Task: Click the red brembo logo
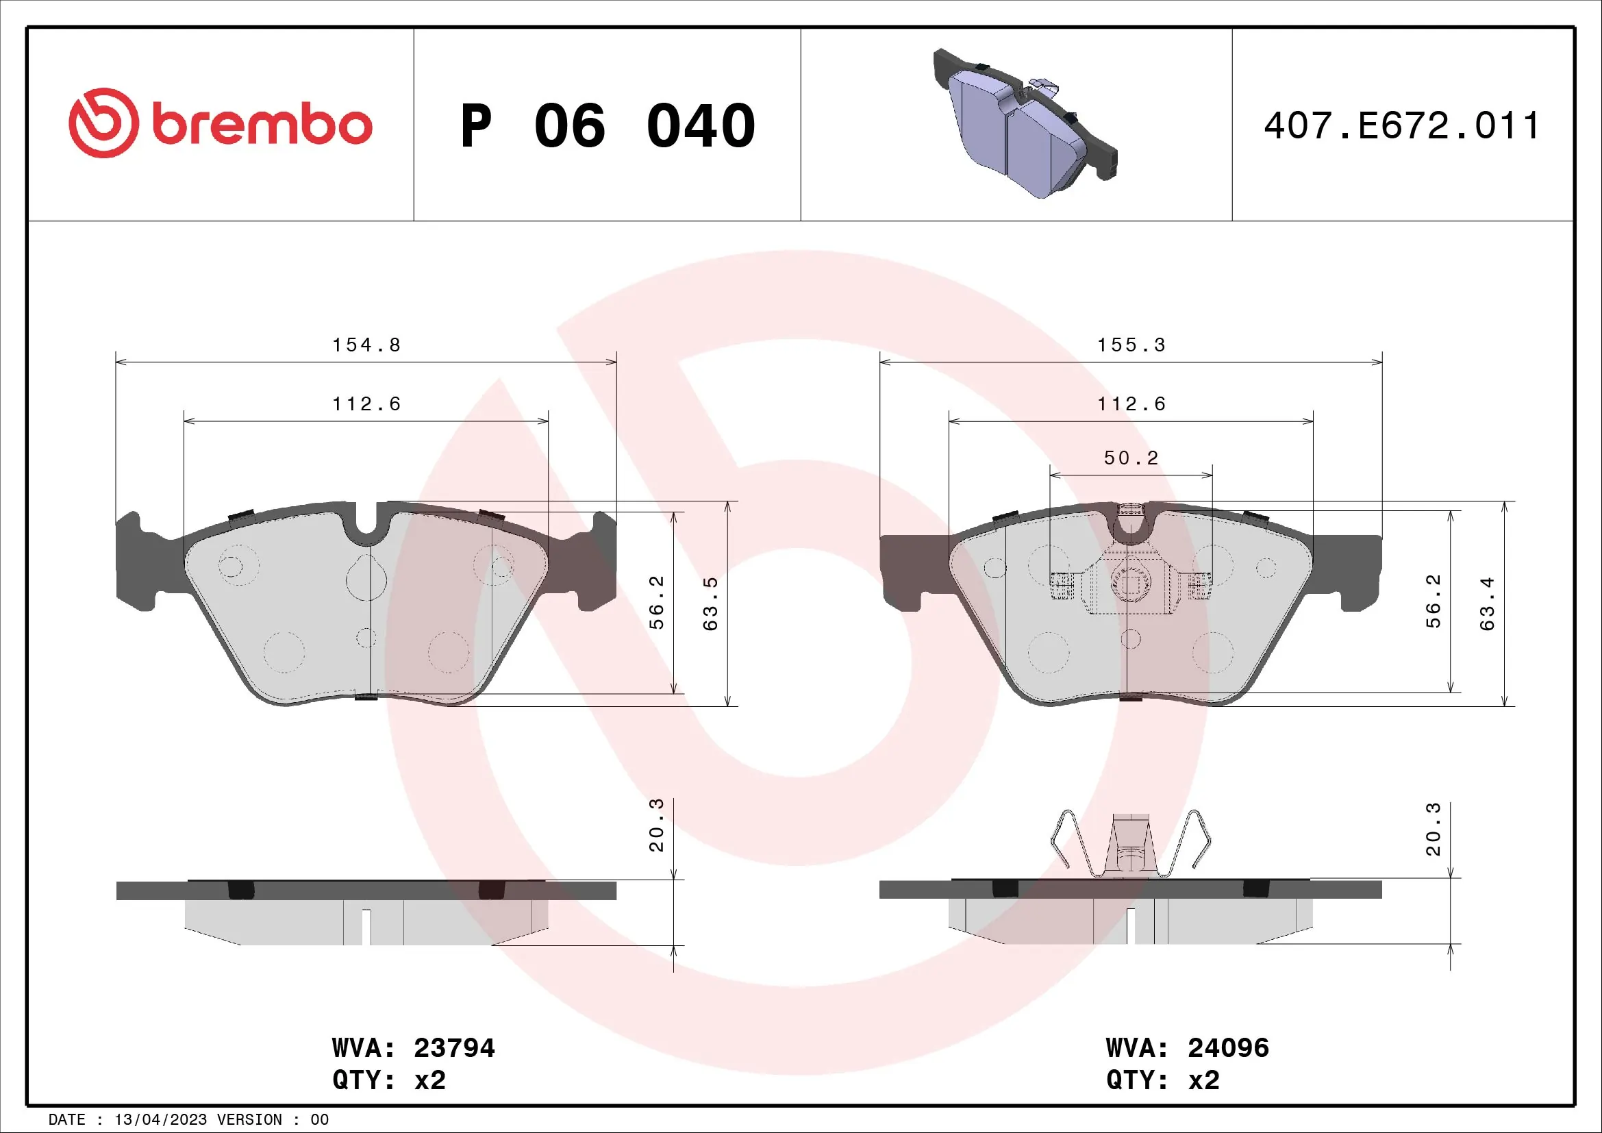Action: [x=220, y=123]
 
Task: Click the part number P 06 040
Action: [x=607, y=126]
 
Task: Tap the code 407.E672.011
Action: [x=1401, y=126]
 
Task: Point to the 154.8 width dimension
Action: [x=366, y=345]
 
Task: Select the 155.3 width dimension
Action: [x=1131, y=345]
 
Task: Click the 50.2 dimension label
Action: [x=1131, y=458]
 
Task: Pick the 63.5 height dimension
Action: [x=710, y=604]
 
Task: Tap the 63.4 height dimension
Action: [x=1487, y=604]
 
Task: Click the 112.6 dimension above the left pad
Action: [x=366, y=404]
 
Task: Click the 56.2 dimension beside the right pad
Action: [x=1433, y=601]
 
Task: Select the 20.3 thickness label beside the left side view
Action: [x=656, y=825]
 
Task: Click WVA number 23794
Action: [x=454, y=1048]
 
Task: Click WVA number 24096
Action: [x=1228, y=1048]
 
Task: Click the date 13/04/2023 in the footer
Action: [x=160, y=1119]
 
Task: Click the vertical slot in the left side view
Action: [x=366, y=927]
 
